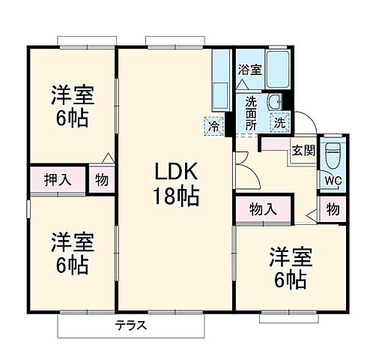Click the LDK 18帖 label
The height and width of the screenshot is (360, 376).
pos(176,184)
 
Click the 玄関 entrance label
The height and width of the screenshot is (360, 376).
pos(303,149)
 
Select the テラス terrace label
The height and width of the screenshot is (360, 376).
pos(130,325)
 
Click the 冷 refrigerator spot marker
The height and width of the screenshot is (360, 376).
pos(215,126)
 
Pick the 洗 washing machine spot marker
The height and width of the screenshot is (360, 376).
pos(279,121)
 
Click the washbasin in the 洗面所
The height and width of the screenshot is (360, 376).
pos(276,102)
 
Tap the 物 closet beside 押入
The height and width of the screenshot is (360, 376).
pos(101,181)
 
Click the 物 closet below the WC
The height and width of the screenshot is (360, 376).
pos(333,208)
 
